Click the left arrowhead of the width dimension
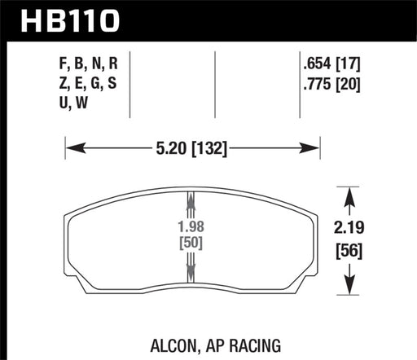70,149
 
